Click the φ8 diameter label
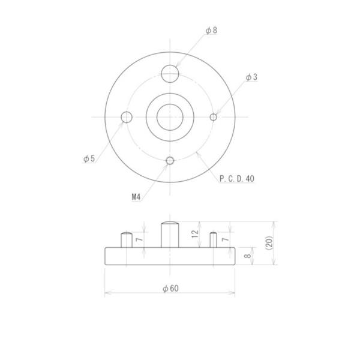coord(211,30)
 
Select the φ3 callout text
coord(251,77)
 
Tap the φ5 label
coord(89,159)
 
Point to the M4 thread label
coord(135,196)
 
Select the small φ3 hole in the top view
coord(213,117)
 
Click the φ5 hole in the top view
coord(127,117)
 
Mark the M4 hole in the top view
coord(170,160)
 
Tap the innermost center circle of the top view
coord(170,117)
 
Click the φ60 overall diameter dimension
coord(170,288)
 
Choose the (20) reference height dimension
coord(269,243)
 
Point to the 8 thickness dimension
coord(247,256)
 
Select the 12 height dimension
coord(195,234)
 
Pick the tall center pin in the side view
coord(170,234)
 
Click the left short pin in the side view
coord(127,239)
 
